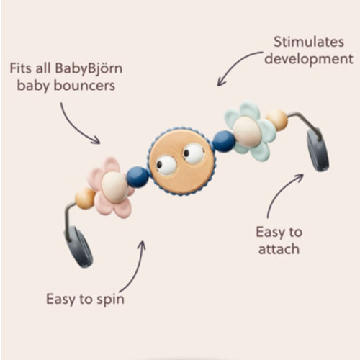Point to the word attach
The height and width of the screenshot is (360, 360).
278,249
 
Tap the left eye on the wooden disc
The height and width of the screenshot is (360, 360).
166,164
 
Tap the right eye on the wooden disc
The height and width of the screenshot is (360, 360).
194,153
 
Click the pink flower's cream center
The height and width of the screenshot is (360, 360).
114,187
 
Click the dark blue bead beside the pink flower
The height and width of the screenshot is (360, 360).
138,176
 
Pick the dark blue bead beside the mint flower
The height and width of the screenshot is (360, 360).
224,141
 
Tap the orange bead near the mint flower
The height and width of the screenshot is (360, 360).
276,120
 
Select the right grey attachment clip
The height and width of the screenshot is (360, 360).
318,150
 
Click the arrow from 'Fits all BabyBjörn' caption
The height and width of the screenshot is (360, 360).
79,123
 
